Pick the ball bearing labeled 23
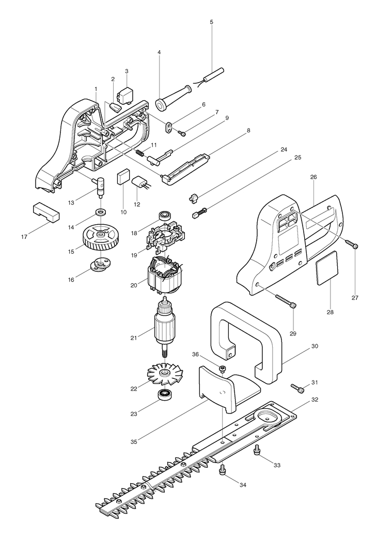click(x=166, y=396)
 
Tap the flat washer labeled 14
click(x=100, y=212)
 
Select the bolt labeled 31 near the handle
click(x=298, y=387)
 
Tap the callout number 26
click(x=313, y=177)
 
